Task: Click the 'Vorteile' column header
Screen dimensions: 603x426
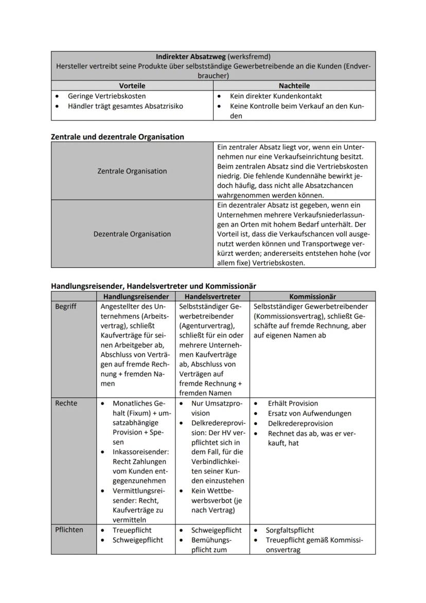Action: (x=132, y=85)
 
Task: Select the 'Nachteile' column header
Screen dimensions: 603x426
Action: (x=294, y=85)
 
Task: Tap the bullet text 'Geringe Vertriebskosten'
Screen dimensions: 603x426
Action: (x=106, y=96)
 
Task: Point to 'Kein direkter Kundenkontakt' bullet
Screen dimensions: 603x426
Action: (x=276, y=96)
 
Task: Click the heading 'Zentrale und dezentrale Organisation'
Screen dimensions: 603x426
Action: (x=117, y=136)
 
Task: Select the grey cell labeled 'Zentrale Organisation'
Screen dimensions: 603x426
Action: (x=132, y=171)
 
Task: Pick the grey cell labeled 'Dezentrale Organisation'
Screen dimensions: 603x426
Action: (x=132, y=234)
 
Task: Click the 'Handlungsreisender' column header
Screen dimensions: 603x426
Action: (x=136, y=297)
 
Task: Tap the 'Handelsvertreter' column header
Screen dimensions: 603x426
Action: (x=212, y=297)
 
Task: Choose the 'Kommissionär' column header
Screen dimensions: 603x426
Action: (x=312, y=297)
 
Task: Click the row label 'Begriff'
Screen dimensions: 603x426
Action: (x=65, y=306)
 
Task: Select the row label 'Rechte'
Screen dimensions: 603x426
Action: (x=66, y=403)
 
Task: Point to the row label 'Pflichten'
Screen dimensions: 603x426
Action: (x=69, y=530)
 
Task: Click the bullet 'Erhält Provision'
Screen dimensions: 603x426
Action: (x=293, y=403)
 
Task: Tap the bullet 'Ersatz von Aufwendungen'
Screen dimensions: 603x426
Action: (x=309, y=414)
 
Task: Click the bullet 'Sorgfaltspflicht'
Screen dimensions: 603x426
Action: (x=290, y=530)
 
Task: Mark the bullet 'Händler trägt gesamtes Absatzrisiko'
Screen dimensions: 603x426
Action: (x=126, y=106)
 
